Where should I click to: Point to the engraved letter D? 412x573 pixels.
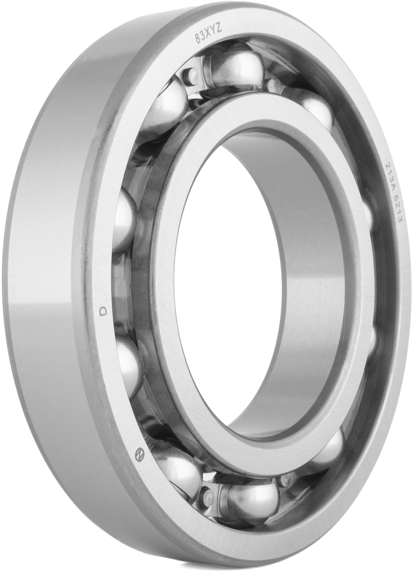[x=103, y=312]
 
